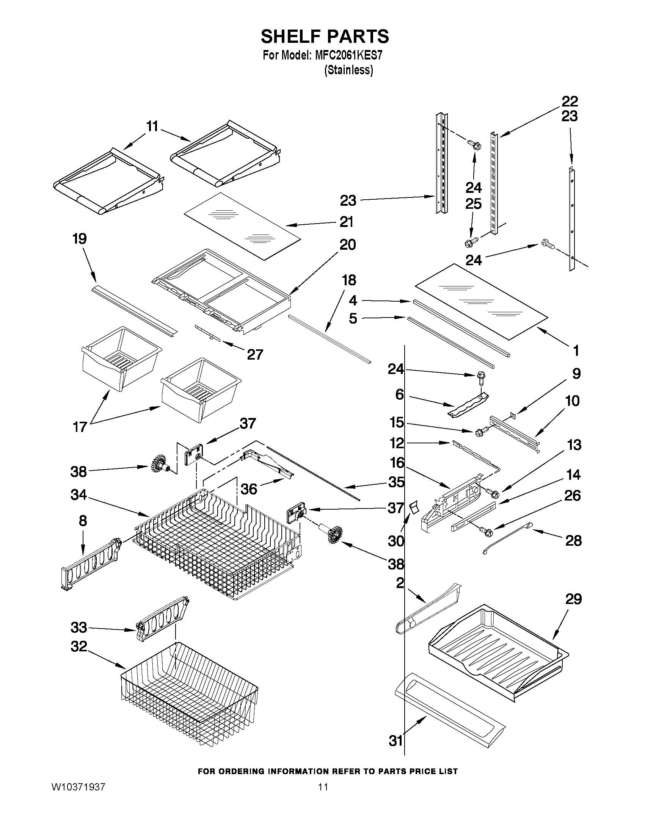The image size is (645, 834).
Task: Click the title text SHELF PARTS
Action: [325, 37]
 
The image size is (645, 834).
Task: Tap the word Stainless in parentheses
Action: [348, 70]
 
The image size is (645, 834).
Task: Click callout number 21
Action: [346, 222]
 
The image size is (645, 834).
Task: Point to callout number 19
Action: [80, 239]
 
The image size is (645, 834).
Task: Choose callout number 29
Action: [573, 599]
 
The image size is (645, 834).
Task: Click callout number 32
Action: [79, 646]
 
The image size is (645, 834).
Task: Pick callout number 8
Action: [83, 521]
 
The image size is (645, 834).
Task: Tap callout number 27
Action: [255, 355]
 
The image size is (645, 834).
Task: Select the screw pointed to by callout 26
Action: [486, 530]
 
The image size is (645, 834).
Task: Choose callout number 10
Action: [573, 401]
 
